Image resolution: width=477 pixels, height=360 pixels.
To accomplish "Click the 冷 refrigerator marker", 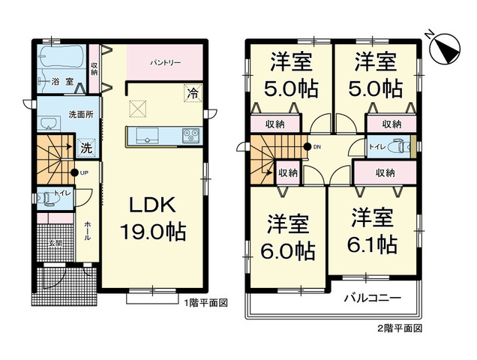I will (x=193, y=94).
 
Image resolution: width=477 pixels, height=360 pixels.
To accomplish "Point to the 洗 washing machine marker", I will (x=87, y=148).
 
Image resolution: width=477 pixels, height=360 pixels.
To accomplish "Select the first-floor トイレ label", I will (x=61, y=194).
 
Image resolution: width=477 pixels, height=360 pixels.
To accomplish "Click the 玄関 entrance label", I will (x=56, y=242).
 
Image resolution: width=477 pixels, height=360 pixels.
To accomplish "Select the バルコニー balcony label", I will (x=372, y=297).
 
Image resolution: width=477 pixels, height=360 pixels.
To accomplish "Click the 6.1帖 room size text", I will (x=372, y=244).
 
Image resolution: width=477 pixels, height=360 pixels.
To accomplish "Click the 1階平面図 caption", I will (x=205, y=302).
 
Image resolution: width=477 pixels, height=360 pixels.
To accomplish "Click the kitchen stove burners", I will (x=189, y=136).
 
